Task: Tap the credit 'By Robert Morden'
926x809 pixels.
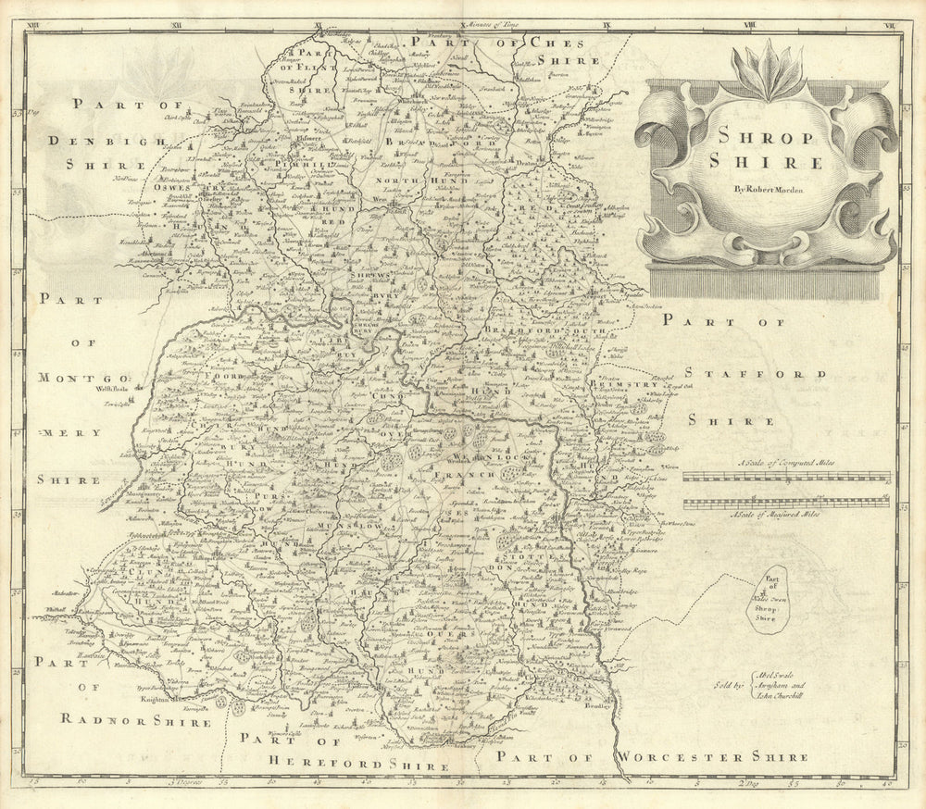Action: (766, 190)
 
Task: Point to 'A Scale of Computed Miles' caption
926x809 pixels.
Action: (787, 463)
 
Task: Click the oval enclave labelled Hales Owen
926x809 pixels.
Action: (770, 600)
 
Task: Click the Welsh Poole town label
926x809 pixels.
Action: (110, 390)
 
